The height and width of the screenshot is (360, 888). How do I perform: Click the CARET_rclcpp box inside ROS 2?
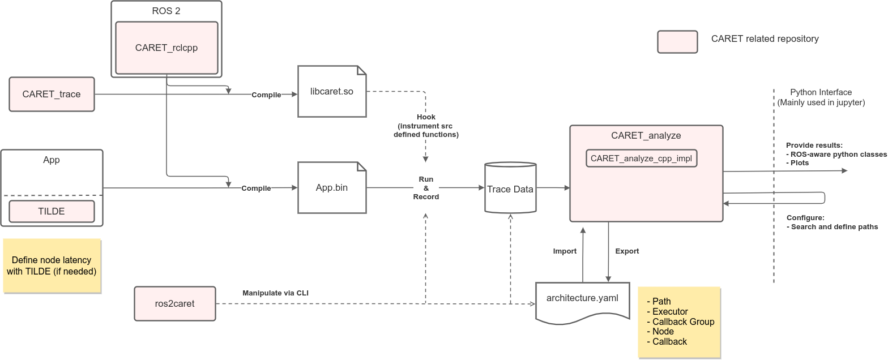click(x=166, y=48)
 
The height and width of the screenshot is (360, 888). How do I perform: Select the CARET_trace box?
click(x=52, y=94)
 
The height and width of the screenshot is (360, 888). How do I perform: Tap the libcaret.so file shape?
click(x=332, y=91)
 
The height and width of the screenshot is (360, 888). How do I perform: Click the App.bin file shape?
click(x=332, y=187)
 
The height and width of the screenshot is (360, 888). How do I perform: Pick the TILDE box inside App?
click(x=52, y=211)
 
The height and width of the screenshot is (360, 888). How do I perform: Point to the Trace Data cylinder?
click(x=510, y=189)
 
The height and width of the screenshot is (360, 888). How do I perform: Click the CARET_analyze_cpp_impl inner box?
click(x=641, y=158)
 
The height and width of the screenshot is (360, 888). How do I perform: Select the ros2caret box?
click(x=174, y=303)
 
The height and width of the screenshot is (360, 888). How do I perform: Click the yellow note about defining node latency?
click(x=52, y=265)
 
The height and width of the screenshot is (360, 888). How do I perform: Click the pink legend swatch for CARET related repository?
click(x=677, y=42)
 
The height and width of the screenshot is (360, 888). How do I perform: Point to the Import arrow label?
click(x=565, y=251)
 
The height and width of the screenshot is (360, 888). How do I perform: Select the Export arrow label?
click(x=627, y=251)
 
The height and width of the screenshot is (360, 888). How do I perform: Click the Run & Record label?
click(x=426, y=188)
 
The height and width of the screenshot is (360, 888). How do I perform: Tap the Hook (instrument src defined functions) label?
click(x=426, y=126)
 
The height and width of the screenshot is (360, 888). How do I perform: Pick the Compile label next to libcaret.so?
click(x=266, y=95)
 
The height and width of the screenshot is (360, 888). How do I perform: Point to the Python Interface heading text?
click(x=821, y=92)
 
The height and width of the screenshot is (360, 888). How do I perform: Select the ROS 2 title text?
click(x=166, y=11)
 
